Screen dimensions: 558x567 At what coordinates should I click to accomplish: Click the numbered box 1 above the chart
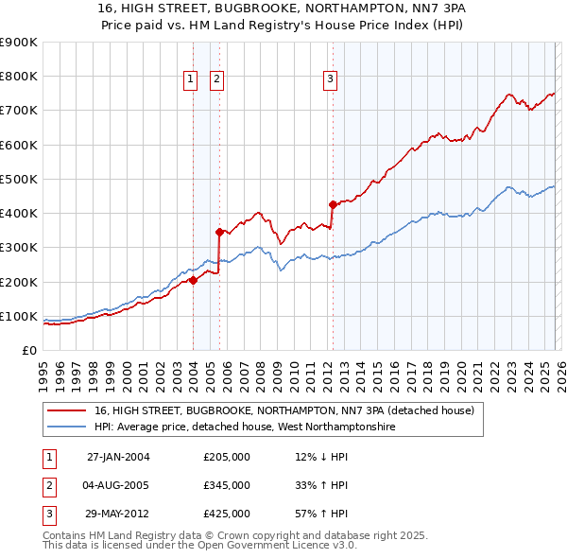pyautogui.click(x=190, y=80)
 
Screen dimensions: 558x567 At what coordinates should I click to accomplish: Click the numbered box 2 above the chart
pyautogui.click(x=217, y=80)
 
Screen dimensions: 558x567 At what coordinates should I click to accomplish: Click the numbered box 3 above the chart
pyautogui.click(x=331, y=80)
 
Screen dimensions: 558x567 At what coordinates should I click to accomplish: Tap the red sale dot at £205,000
pyautogui.click(x=193, y=280)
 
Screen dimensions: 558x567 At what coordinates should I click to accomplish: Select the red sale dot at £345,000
pyautogui.click(x=219, y=231)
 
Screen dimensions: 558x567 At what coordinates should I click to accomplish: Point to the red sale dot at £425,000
pyautogui.click(x=333, y=203)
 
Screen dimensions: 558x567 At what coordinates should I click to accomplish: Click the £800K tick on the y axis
pyautogui.click(x=19, y=77)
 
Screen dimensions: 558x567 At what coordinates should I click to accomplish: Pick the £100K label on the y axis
pyautogui.click(x=19, y=316)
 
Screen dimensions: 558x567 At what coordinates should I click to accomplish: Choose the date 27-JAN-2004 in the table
pyautogui.click(x=118, y=457)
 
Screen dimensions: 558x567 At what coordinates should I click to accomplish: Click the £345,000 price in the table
pyautogui.click(x=227, y=485)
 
